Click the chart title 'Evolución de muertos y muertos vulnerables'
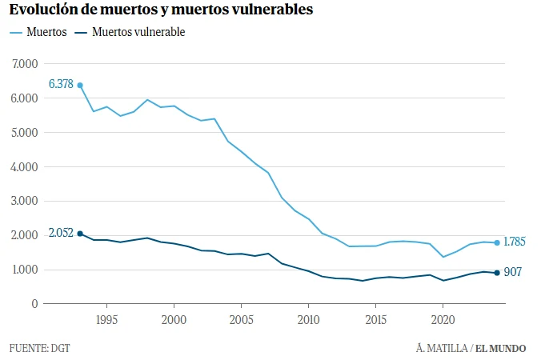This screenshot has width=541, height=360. click(161, 10)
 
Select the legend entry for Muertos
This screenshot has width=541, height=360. click(38, 32)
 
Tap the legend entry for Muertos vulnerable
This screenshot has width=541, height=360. click(130, 32)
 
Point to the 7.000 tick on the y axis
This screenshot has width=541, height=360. click(25, 64)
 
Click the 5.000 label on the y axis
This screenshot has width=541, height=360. click(25, 133)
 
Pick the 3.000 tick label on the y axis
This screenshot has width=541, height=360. click(25, 201)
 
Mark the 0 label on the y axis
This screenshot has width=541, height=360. click(34, 304)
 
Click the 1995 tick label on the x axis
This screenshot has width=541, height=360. click(106, 320)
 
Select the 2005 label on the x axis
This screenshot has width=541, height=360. click(241, 320)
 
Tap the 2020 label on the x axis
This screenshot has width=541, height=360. click(443, 320)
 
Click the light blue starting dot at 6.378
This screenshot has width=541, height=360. click(80, 85)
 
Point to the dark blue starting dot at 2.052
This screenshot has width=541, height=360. click(80, 234)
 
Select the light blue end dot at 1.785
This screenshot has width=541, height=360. click(497, 242)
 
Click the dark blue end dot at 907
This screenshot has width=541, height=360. click(497, 273)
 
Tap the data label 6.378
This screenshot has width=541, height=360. click(61, 84)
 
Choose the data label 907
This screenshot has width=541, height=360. click(513, 272)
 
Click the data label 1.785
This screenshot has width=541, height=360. click(515, 242)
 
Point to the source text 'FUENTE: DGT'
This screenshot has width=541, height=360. click(40, 348)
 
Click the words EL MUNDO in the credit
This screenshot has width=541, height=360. click(501, 348)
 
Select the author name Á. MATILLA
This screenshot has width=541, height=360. click(442, 348)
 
